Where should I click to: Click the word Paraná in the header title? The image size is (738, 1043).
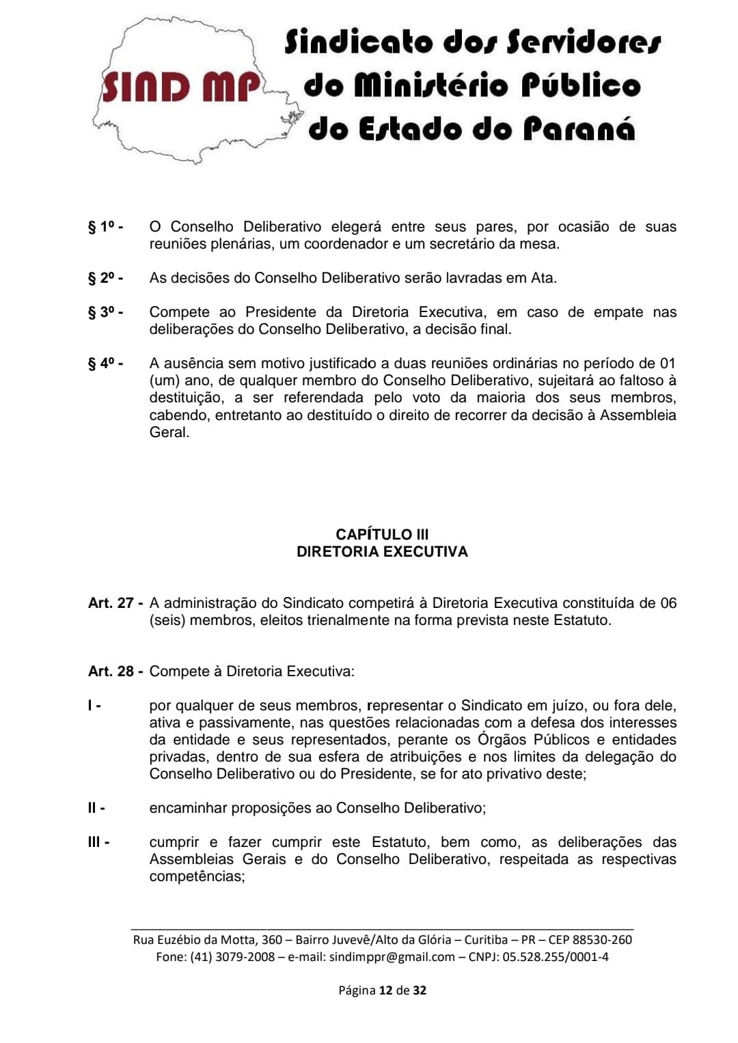pyautogui.click(x=579, y=129)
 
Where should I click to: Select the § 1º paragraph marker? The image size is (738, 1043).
pyautogui.click(x=105, y=227)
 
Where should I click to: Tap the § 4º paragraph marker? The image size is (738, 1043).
pyautogui.click(x=105, y=363)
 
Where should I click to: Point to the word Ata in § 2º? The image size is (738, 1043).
pyautogui.click(x=543, y=278)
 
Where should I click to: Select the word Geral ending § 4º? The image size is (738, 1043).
pyautogui.click(x=169, y=432)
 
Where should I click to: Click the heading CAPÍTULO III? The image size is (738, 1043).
pyautogui.click(x=382, y=535)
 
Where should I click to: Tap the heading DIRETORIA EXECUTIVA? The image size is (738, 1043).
pyautogui.click(x=382, y=552)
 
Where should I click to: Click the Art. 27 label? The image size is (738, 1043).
pyautogui.click(x=115, y=603)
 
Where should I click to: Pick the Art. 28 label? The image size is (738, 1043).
pyautogui.click(x=115, y=671)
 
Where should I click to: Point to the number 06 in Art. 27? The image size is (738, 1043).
pyautogui.click(x=668, y=603)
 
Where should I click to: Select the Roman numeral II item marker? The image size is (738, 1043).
pyautogui.click(x=96, y=808)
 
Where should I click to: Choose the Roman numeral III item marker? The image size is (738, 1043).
pyautogui.click(x=98, y=842)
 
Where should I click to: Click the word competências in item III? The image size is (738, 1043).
pyautogui.click(x=196, y=876)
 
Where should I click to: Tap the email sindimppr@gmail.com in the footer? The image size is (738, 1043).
pyautogui.click(x=392, y=957)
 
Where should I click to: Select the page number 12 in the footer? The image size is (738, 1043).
pyautogui.click(x=385, y=990)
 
